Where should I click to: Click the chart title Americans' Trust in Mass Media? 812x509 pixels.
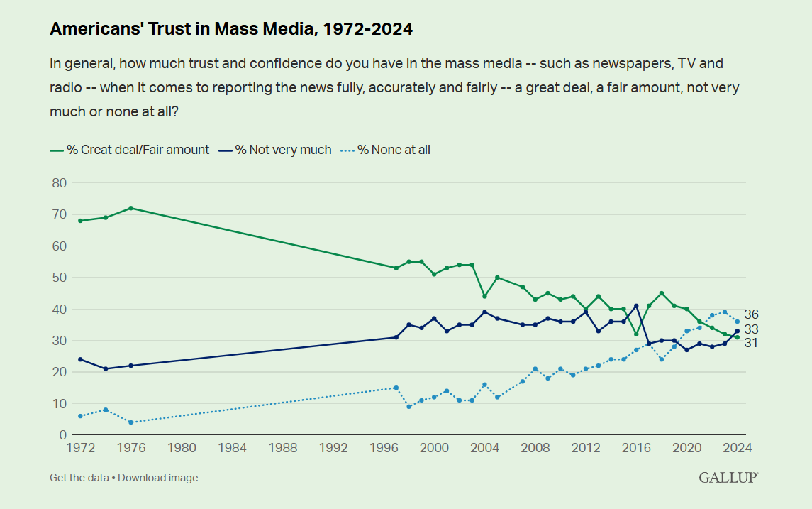231,29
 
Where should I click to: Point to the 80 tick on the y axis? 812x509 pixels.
59,183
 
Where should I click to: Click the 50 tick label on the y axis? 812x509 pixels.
59,278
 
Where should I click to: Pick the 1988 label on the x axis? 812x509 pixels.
284,448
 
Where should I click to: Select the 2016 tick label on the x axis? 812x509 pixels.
636,448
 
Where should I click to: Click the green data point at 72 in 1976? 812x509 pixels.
131,208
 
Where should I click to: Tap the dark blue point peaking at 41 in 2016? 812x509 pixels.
636,306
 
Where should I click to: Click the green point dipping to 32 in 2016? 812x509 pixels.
636,334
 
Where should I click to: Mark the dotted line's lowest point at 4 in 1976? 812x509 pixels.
131,422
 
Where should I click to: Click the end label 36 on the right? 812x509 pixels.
752,314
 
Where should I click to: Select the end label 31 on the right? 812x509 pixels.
752,343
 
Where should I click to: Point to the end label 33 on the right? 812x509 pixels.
752,329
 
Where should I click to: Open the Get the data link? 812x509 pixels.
78,478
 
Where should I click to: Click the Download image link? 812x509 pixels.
158,478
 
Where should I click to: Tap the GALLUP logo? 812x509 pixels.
728,477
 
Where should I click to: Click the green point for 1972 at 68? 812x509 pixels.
80,221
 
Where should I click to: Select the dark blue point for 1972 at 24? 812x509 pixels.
80,359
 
